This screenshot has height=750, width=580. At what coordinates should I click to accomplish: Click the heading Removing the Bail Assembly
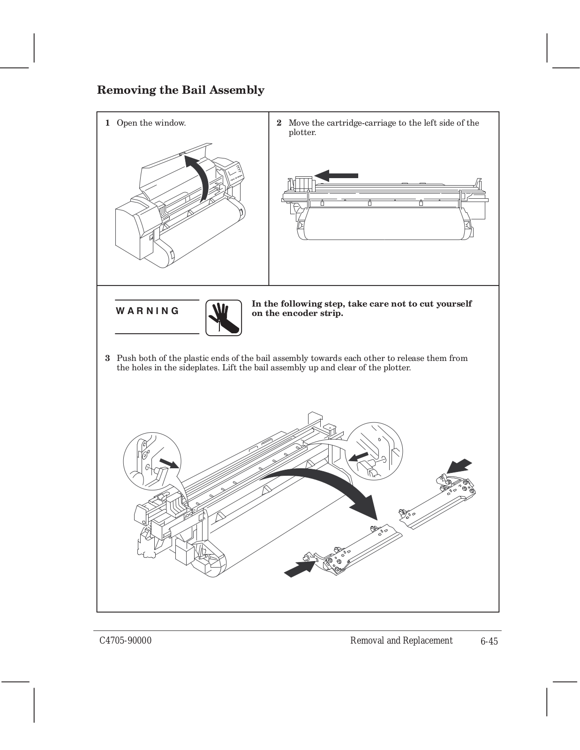[x=181, y=90]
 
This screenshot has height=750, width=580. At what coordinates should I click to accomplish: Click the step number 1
[x=107, y=123]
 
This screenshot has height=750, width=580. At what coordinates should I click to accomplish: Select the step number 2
[x=279, y=123]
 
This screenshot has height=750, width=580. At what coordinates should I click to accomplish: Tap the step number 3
[x=107, y=359]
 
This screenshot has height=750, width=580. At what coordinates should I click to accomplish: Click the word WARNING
[x=147, y=311]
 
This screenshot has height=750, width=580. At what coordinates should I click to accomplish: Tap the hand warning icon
[x=224, y=318]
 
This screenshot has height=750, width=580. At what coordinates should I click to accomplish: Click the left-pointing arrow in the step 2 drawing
[x=336, y=176]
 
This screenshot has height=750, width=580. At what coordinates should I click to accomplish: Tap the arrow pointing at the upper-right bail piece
[x=459, y=466]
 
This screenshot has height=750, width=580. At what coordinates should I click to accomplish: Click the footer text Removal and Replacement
[x=401, y=641]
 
